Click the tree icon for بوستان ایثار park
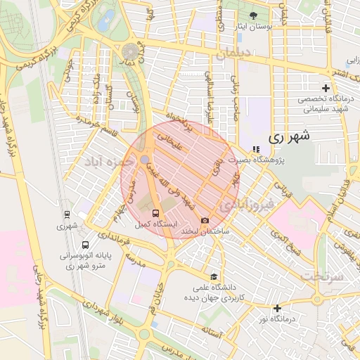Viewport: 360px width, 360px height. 253,15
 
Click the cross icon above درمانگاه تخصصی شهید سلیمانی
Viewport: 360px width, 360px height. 325,88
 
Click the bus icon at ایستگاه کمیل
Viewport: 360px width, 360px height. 155,213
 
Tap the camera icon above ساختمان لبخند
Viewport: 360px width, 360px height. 205,220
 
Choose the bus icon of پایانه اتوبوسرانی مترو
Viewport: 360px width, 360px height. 85,245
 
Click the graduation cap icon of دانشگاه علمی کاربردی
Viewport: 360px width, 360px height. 213,276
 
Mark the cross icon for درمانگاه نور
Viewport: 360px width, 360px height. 278,308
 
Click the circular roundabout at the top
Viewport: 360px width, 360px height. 131,51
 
